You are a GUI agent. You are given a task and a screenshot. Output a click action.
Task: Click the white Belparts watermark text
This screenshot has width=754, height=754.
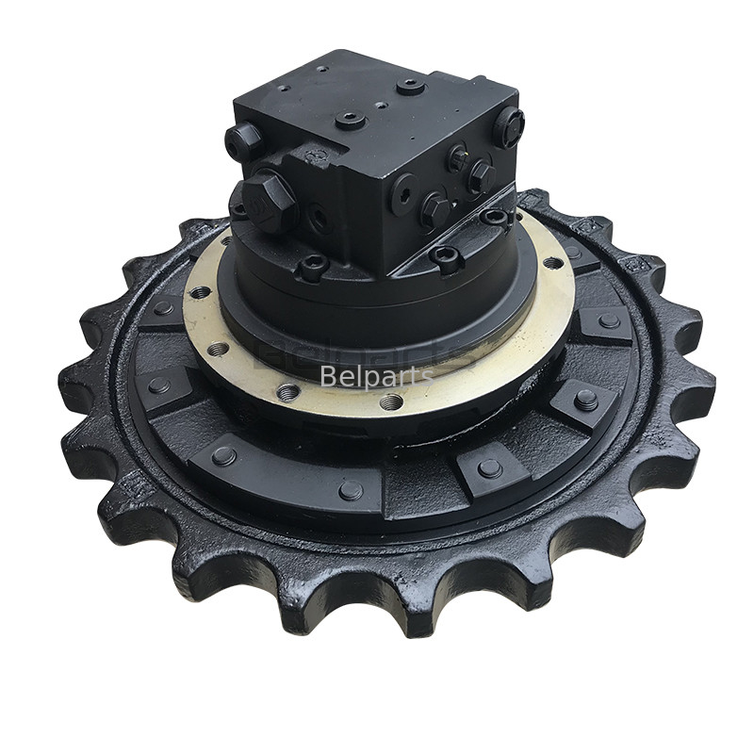(x=376, y=376)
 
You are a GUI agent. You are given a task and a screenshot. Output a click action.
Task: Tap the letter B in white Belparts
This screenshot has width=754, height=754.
(x=327, y=376)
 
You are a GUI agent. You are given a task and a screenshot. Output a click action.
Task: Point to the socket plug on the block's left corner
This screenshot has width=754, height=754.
(x=243, y=140)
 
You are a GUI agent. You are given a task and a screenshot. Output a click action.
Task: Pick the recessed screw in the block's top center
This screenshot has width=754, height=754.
(x=351, y=120)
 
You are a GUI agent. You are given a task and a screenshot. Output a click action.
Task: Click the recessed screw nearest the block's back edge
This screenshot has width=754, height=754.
(x=410, y=86)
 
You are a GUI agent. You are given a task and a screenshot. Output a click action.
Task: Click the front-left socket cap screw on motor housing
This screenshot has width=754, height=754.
(x=312, y=268)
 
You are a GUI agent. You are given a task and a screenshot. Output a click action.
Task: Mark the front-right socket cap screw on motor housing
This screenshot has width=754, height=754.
(x=446, y=256)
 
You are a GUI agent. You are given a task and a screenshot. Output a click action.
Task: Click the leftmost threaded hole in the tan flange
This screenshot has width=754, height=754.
(x=200, y=293)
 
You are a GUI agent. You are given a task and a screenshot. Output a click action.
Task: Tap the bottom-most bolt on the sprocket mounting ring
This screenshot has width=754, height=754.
(x=351, y=490)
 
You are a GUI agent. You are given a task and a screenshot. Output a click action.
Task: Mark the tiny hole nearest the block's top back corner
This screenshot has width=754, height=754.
(x=325, y=69)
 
